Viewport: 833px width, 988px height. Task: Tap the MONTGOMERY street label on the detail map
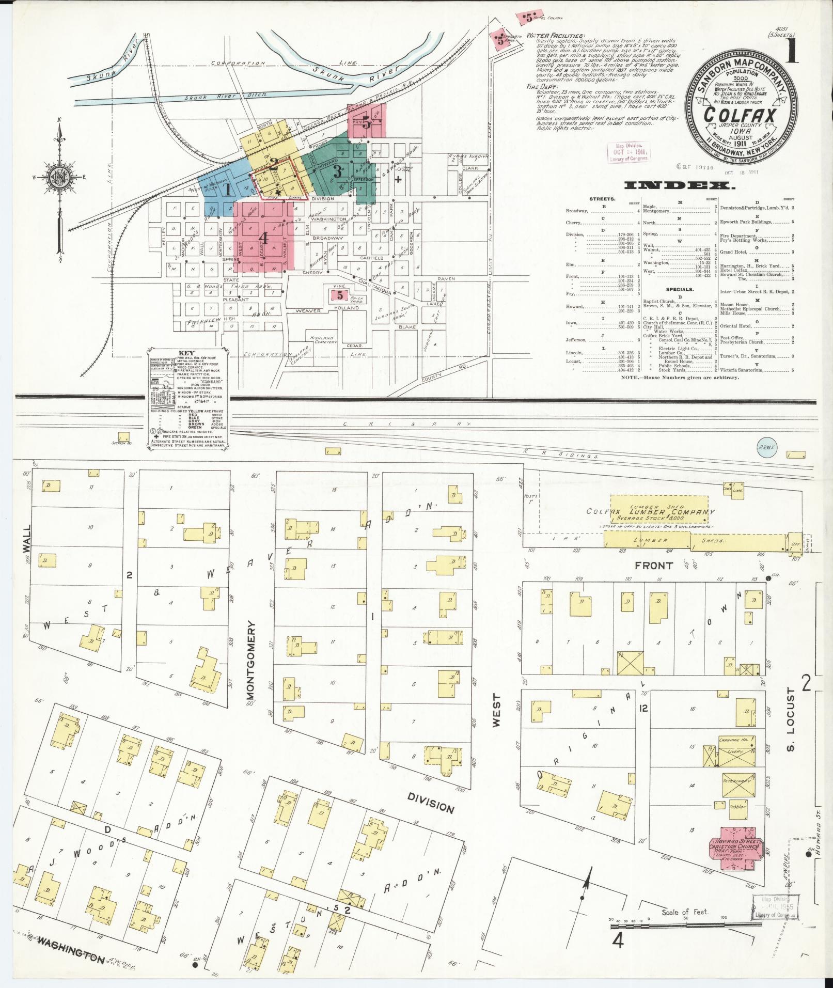[x=252, y=666]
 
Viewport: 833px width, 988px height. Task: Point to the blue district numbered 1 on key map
[x=227, y=189]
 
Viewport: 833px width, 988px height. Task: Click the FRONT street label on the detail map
[x=654, y=566]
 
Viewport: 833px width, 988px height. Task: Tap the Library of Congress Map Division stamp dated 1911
[x=628, y=152]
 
